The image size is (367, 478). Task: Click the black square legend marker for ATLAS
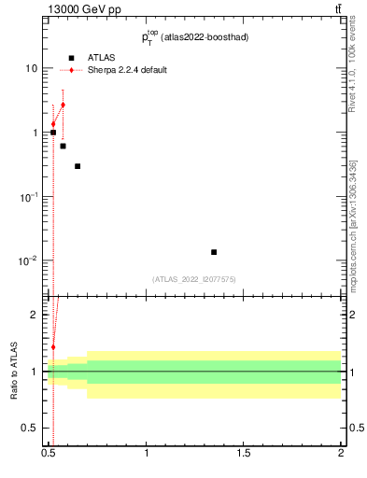pos(71,58)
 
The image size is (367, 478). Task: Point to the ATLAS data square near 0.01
pos(214,252)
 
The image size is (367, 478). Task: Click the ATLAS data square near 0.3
pos(78,166)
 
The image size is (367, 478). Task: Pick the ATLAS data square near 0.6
pos(63,146)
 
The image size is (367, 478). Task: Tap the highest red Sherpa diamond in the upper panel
pos(63,105)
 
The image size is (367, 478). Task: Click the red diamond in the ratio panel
pos(53,347)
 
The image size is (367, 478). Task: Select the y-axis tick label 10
pos(32,69)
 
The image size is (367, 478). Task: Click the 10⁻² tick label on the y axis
pos(29,260)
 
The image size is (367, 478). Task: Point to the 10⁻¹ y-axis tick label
pos(29,197)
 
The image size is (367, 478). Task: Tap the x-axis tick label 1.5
pos(244,453)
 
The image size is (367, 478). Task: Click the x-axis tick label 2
pos(341,453)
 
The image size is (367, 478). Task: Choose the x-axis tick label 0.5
pos(49,453)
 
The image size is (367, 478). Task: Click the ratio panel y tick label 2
pos(35,316)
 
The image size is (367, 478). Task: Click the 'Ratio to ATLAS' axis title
pos(14,371)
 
